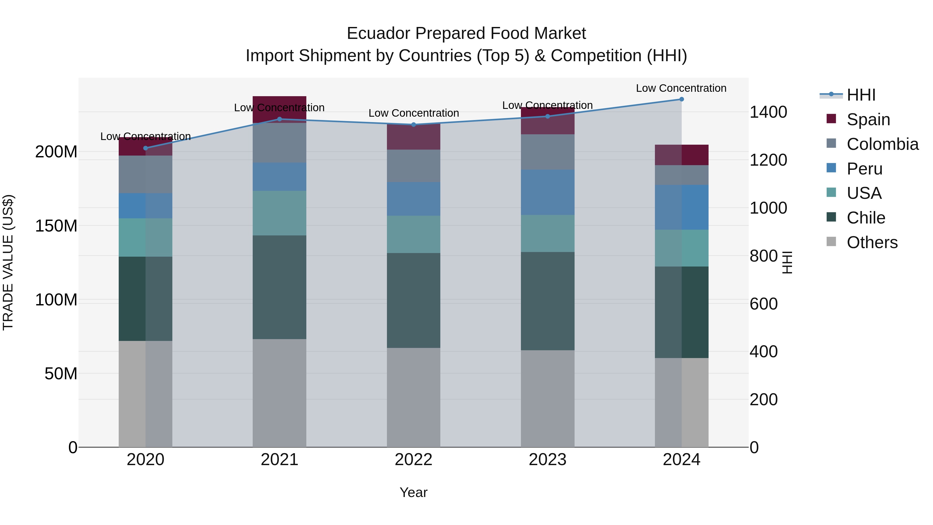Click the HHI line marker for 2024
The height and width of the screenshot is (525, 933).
[681, 99]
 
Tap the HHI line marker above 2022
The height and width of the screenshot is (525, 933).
[414, 125]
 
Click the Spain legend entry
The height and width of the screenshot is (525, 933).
[868, 120]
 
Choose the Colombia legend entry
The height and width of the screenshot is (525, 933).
[882, 144]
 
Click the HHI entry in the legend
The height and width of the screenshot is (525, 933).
[860, 95]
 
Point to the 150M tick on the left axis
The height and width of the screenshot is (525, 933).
[56, 226]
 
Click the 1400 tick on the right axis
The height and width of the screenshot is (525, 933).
[768, 112]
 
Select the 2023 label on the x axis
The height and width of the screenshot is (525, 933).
[547, 460]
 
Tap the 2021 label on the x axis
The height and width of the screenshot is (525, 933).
[279, 460]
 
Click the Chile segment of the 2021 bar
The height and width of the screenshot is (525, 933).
[279, 287]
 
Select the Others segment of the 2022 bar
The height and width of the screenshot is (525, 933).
[414, 397]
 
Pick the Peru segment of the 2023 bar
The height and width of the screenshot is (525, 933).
[547, 192]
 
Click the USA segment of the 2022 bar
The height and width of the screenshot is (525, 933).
[414, 234]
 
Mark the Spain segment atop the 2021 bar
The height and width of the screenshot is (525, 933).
[279, 109]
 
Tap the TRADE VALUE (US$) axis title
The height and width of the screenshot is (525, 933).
[8, 262]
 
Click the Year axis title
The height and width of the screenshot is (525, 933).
[413, 492]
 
